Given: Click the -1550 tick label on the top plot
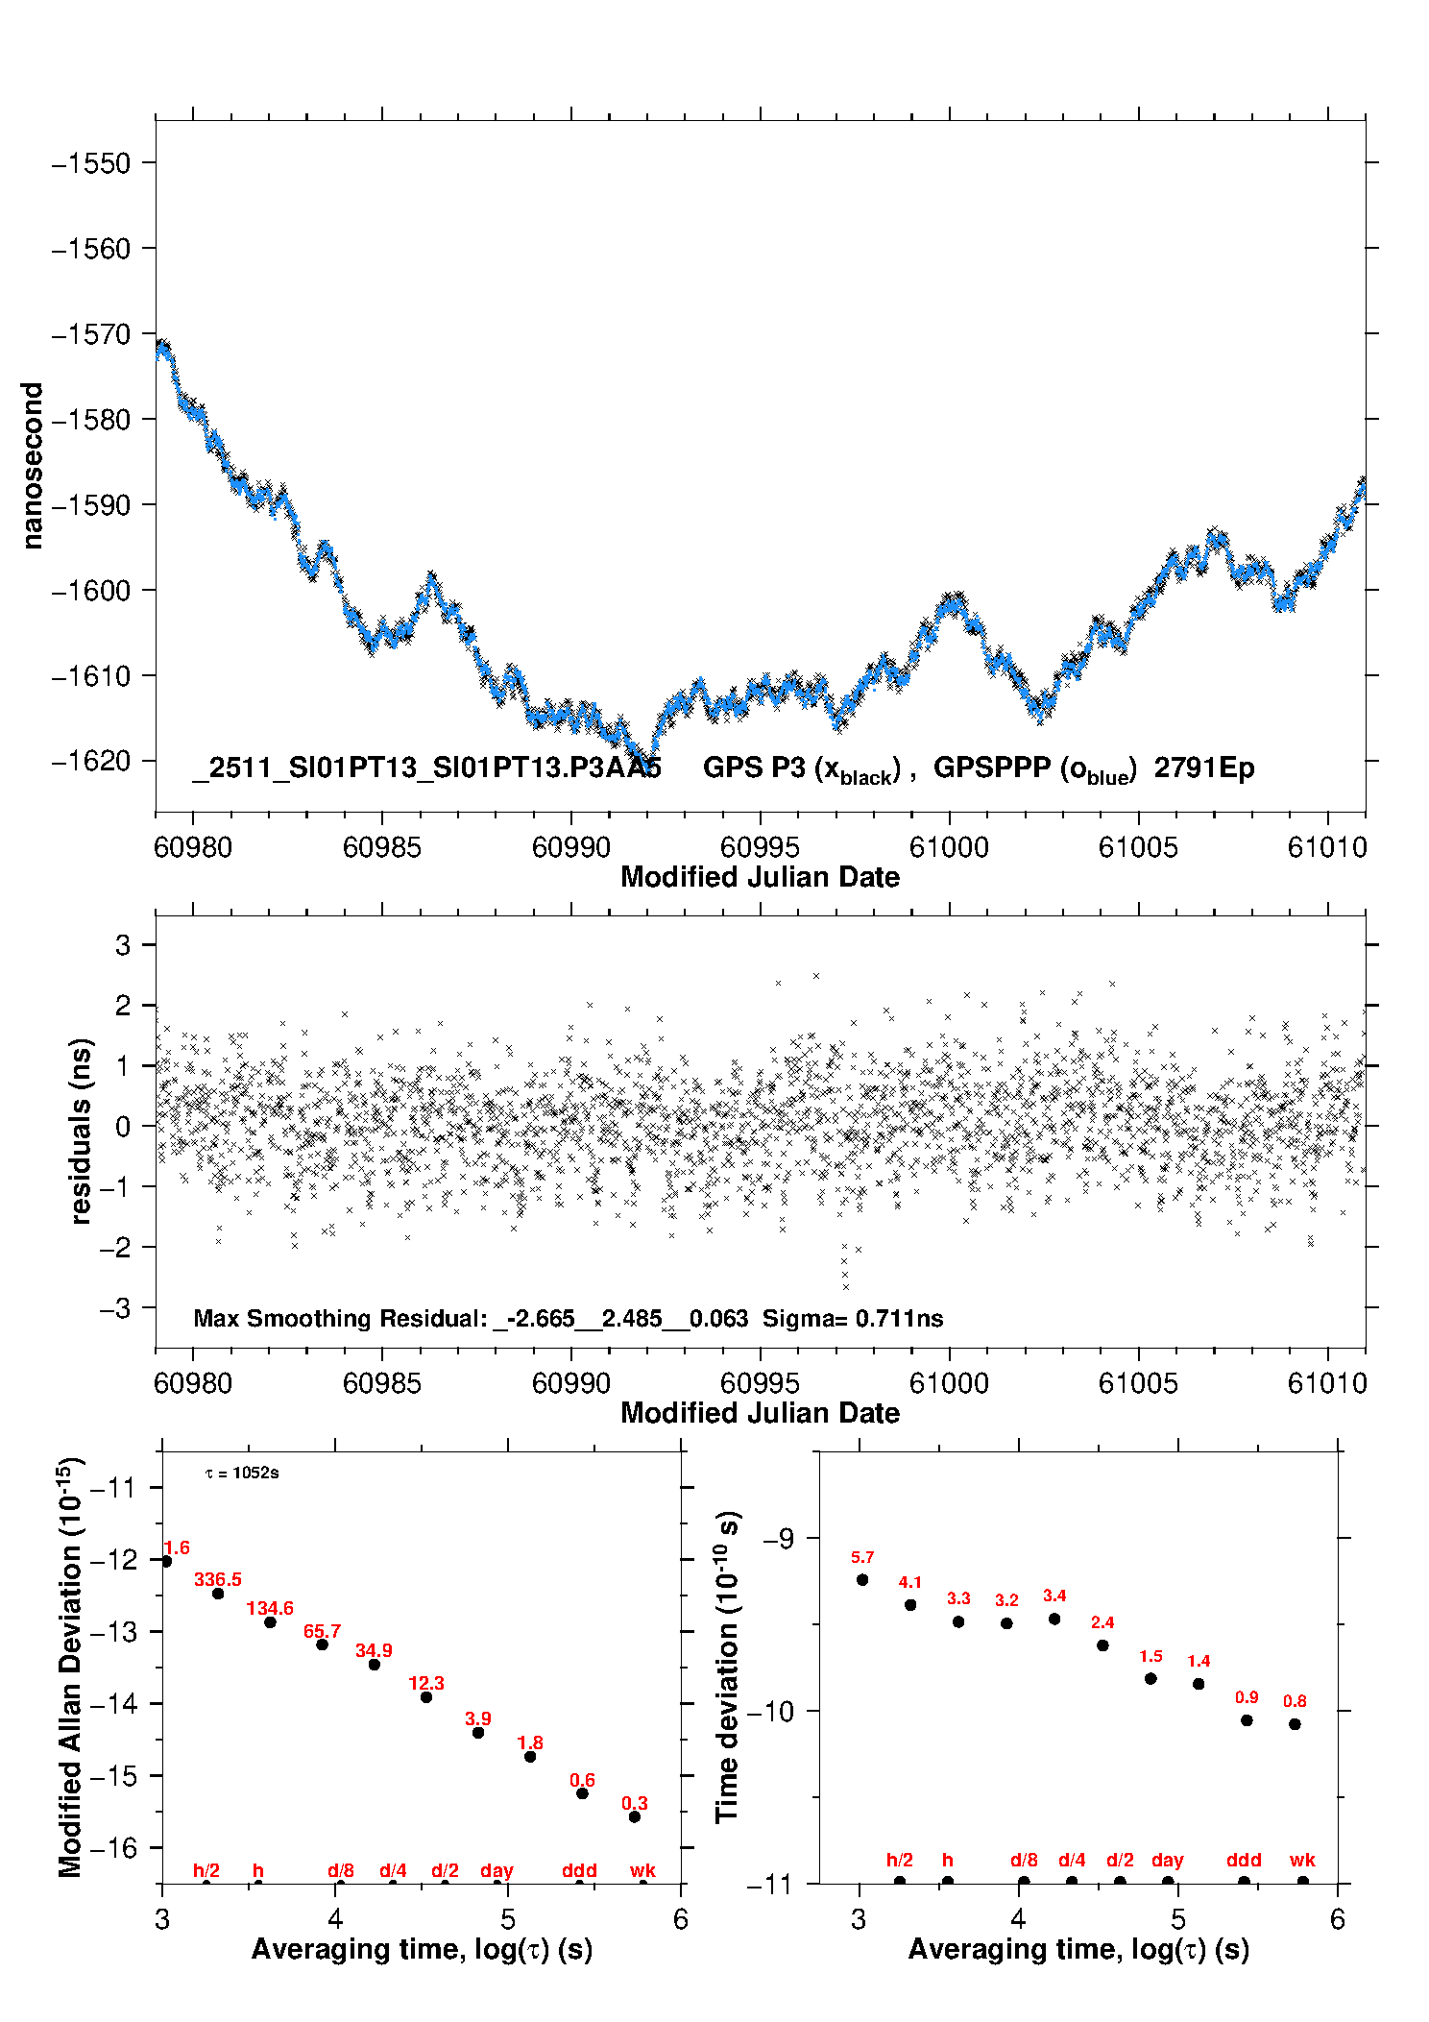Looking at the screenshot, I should tap(90, 163).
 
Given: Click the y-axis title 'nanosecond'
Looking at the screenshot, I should tap(33, 466).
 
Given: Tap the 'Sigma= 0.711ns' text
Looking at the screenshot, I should tap(853, 1318).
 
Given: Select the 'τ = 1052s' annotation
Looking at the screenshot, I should tap(242, 1473).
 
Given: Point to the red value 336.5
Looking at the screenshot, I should tap(218, 1579).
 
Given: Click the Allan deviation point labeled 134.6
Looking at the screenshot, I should tap(271, 1621).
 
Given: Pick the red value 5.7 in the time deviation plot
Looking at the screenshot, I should tap(862, 1557).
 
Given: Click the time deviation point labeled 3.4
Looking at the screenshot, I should tap(1054, 1619).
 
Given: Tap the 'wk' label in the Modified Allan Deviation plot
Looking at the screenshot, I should tap(642, 1870).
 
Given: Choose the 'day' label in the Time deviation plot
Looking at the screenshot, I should tap(1168, 1860).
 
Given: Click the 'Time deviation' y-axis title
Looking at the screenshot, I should tap(727, 1667).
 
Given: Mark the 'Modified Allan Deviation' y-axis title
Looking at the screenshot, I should tap(70, 1667).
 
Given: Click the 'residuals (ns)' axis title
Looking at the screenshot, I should tap(82, 1131).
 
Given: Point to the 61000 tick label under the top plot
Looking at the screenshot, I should tap(949, 847).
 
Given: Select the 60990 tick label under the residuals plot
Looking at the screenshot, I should tap(570, 1383).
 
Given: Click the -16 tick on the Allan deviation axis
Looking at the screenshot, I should tap(115, 1847).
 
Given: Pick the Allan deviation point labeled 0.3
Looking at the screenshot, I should tap(635, 1816).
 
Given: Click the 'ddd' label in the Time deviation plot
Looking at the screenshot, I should tap(1244, 1860).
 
